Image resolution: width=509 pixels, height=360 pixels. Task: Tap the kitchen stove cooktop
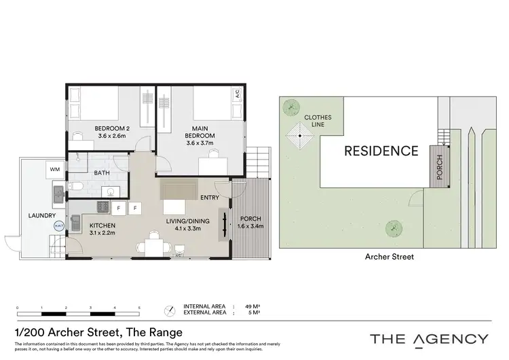[x=105, y=206]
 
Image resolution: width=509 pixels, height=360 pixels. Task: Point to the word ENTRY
[x=210, y=198]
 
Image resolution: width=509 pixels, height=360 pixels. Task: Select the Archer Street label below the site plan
[x=390, y=257]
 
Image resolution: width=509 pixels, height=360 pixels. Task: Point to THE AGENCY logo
[x=428, y=339]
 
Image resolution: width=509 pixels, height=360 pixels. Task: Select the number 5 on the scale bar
[x=139, y=308]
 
